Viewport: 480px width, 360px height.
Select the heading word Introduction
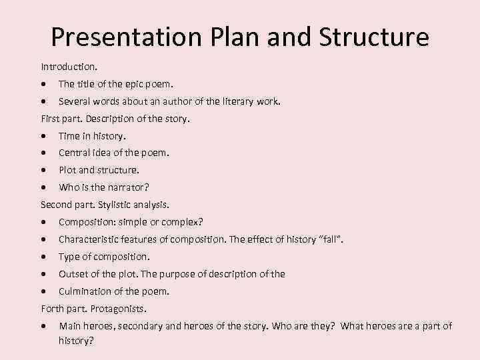[67, 67]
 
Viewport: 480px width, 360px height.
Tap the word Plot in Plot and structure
[67, 170]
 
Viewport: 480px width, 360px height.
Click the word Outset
[73, 274]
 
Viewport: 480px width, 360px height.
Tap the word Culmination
[85, 291]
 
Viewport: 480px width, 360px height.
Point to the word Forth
[53, 309]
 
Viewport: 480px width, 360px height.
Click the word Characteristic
[91, 239]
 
